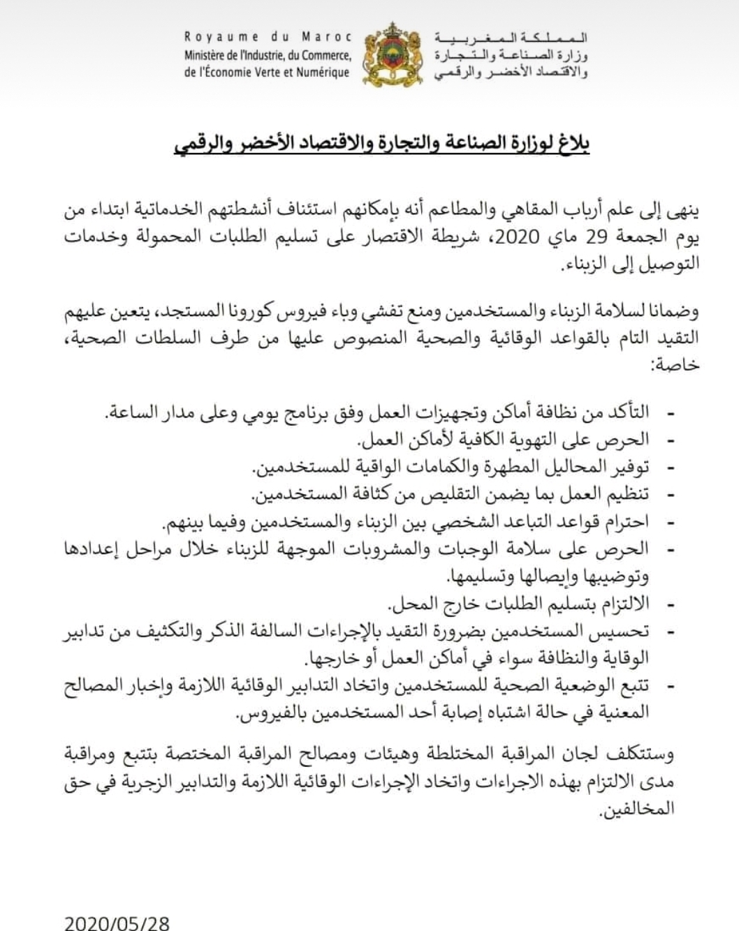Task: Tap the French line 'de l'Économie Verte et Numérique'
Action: pyautogui.click(x=267, y=72)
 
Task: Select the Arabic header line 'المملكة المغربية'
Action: pyautogui.click(x=511, y=38)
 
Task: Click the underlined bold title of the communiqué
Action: pyautogui.click(x=382, y=144)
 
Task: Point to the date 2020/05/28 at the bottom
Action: pyautogui.click(x=117, y=923)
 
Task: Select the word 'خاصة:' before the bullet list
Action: pyautogui.click(x=675, y=365)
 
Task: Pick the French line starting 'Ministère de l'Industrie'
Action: pyautogui.click(x=268, y=55)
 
